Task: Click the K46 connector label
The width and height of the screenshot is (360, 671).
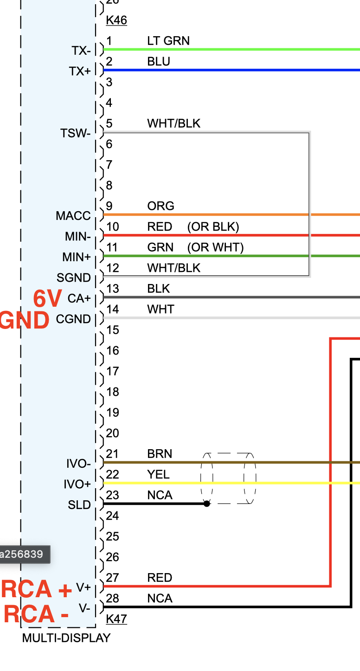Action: [116, 20]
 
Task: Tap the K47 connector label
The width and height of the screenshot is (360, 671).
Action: [116, 619]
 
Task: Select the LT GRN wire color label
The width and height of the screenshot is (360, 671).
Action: [168, 41]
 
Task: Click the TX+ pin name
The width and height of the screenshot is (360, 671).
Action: [80, 71]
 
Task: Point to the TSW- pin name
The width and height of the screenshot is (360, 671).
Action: [76, 134]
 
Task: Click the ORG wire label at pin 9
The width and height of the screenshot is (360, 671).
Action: [161, 206]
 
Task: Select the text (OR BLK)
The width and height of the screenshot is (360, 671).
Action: [213, 227]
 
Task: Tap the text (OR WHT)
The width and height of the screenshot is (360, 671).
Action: [215, 247]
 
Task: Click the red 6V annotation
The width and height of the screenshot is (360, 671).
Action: [47, 299]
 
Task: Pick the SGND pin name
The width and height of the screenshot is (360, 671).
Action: [74, 278]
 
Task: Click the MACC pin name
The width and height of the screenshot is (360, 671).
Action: [73, 216]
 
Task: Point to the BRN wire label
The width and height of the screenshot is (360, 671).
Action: [160, 454]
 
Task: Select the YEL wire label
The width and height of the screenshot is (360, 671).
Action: [158, 474]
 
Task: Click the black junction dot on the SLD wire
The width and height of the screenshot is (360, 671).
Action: [207, 503]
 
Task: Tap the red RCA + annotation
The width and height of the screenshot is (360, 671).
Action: [37, 589]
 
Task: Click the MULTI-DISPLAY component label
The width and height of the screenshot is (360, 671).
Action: [66, 638]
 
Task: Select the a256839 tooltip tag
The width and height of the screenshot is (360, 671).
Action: [22, 554]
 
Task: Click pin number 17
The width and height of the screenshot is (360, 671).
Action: [113, 371]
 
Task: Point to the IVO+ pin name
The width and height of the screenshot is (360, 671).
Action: [77, 484]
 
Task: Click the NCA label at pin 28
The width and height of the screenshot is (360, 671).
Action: [160, 599]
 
